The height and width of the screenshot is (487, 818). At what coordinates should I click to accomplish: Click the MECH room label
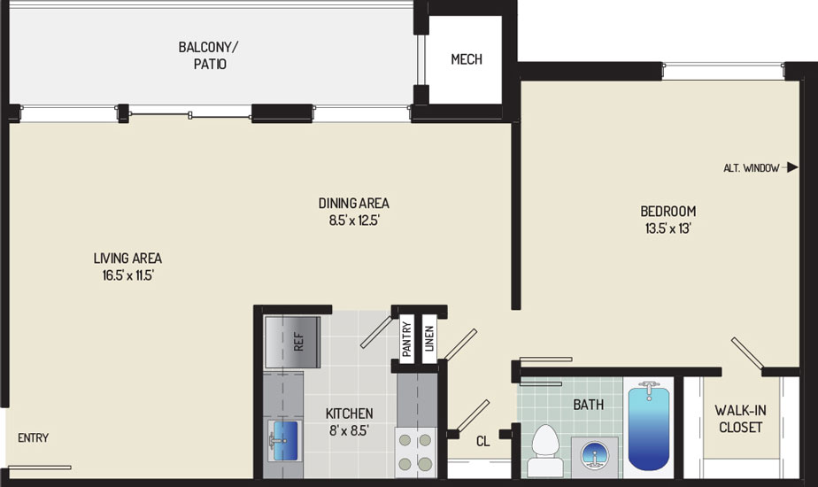pos(467,59)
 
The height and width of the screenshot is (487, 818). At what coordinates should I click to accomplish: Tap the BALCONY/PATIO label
pos(208,55)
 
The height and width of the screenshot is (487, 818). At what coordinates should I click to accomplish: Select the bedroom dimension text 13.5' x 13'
pos(668,228)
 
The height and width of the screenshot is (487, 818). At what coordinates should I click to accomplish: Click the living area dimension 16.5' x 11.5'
pos(127,275)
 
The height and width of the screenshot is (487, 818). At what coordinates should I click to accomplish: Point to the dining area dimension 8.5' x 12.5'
pos(354,220)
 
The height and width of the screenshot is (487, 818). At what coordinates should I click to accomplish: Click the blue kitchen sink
pos(285,439)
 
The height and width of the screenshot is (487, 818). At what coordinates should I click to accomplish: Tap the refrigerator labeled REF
pos(292,342)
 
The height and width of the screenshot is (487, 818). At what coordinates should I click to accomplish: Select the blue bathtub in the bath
pos(648,425)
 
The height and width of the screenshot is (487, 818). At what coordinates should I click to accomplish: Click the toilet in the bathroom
pos(545,450)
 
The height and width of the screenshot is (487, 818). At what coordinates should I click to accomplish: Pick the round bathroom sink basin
pos(594,453)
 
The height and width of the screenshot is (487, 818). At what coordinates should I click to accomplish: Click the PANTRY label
pos(407,339)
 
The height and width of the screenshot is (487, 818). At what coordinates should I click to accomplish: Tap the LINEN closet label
pos(429,338)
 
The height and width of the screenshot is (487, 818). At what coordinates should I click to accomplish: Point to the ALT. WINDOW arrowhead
pos(792,167)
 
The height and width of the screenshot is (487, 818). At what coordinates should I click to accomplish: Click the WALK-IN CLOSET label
pos(740,419)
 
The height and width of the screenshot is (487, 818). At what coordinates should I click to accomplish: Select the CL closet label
pos(483,442)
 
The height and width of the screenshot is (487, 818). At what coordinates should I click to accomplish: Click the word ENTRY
pos(34,438)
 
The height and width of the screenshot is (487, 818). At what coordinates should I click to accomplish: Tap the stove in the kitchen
pos(415,452)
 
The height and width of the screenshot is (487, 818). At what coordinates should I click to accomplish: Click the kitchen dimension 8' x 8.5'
pos(349,430)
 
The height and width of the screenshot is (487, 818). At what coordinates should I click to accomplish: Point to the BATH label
pos(589,405)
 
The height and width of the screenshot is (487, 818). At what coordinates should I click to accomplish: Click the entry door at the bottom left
pos(40,468)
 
